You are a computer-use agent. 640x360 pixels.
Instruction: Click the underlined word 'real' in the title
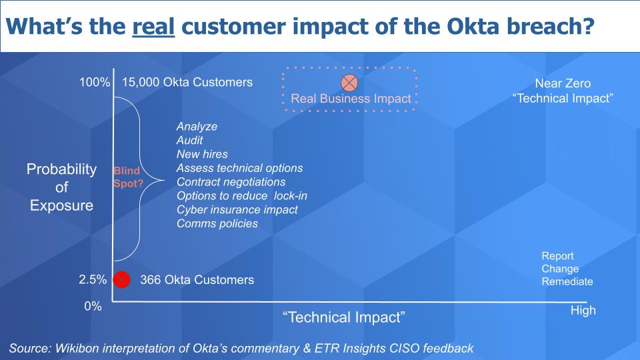[x=153, y=27]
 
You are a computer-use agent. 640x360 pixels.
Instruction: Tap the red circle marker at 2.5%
[x=121, y=279]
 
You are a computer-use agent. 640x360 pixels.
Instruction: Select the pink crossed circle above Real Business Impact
[x=349, y=83]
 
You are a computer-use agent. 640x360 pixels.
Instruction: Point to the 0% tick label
[x=93, y=307]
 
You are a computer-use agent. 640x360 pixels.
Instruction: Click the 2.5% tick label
[x=93, y=280]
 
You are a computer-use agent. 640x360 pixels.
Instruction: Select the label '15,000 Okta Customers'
[x=187, y=83]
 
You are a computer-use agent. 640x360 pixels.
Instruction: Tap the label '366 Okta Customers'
[x=197, y=280]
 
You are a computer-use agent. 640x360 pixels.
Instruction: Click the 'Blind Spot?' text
[x=127, y=177]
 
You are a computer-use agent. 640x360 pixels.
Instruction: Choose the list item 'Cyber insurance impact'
[x=237, y=209]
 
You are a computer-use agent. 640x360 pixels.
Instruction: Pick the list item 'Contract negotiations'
[x=231, y=182]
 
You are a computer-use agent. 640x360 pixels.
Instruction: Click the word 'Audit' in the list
[x=190, y=141]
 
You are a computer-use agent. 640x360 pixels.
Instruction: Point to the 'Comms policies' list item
[x=217, y=223]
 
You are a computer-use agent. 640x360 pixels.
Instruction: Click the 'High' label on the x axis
[x=583, y=311]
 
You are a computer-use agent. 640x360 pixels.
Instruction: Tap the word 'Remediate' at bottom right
[x=567, y=281]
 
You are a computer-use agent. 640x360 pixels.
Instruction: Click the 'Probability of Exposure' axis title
[x=61, y=187]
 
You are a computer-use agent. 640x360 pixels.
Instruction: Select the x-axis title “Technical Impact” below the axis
[x=344, y=317]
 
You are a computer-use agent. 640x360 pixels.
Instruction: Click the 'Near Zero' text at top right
[x=563, y=84]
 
